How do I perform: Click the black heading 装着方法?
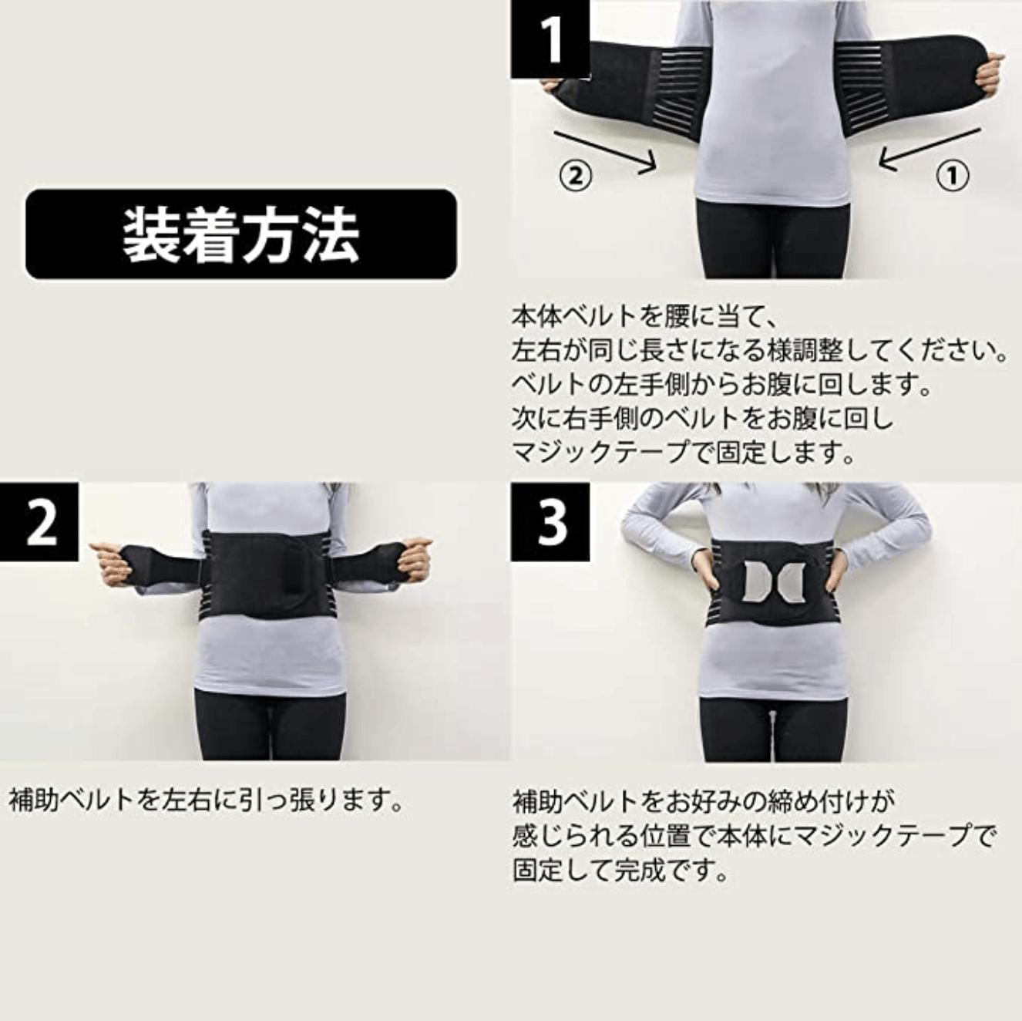click(x=240, y=234)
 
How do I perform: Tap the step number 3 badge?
click(x=550, y=522)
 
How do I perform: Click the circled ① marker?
click(x=952, y=177)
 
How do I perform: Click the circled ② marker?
click(x=575, y=177)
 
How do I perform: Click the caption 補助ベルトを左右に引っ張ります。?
click(x=207, y=800)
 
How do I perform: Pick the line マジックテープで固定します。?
click(x=684, y=453)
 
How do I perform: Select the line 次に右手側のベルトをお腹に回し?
click(x=703, y=419)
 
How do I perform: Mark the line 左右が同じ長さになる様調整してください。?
click(x=759, y=351)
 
